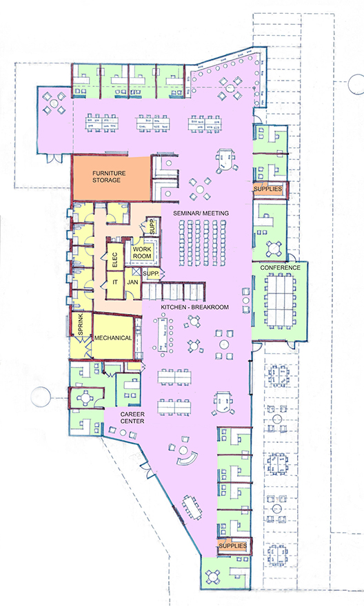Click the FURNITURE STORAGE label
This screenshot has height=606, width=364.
tap(109, 176)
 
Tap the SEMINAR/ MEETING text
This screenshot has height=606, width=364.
tap(201, 213)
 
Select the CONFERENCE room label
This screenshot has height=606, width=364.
tap(280, 267)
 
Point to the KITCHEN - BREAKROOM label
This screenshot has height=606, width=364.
tap(194, 307)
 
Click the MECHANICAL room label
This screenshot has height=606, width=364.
tap(113, 338)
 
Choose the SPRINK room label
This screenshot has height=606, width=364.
tap(81, 324)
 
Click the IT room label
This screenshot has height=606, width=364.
tap(115, 282)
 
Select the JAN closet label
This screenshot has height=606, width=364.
tap(132, 282)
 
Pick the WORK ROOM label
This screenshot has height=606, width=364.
tap(142, 252)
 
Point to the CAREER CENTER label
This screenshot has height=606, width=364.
tap(132, 417)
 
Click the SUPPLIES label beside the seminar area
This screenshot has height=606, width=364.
tap(267, 189)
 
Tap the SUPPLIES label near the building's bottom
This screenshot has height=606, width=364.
tap(232, 545)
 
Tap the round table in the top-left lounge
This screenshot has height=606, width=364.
tap(54, 103)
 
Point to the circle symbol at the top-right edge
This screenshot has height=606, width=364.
tap(356, 84)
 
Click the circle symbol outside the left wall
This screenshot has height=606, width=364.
tap(41, 397)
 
